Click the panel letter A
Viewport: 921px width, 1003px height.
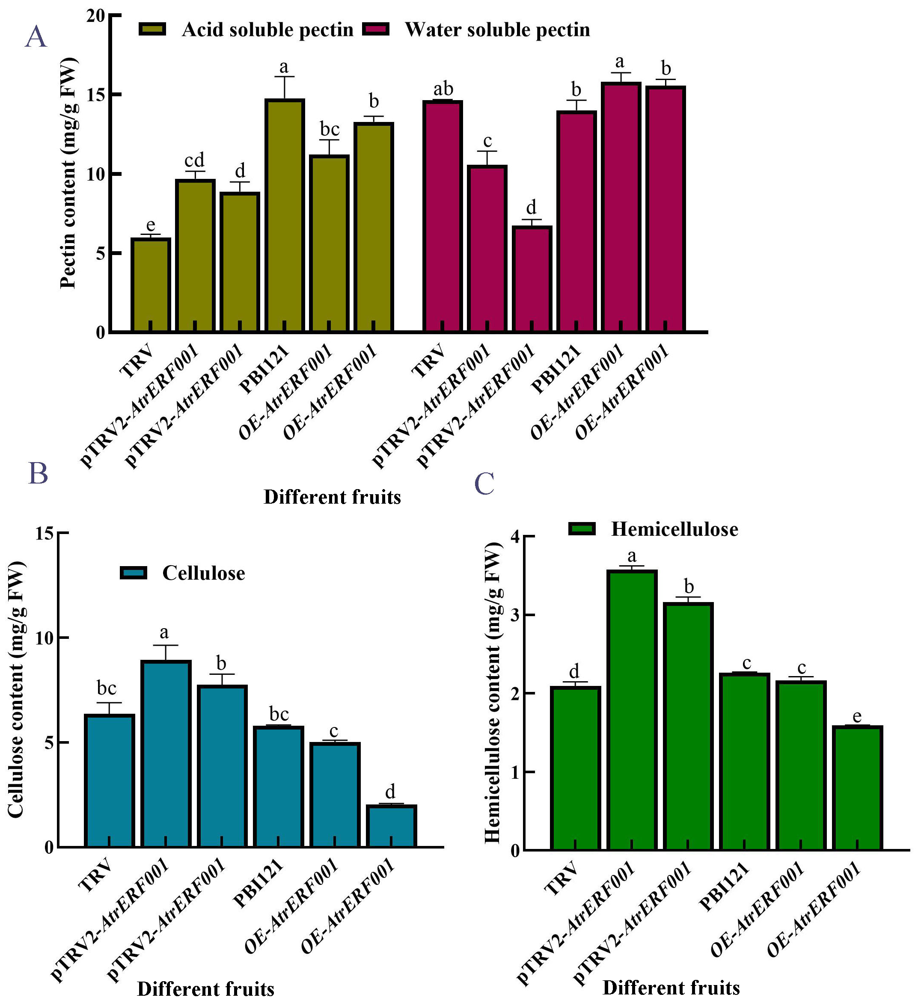tap(36, 38)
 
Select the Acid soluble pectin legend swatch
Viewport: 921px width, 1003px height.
tap(152, 30)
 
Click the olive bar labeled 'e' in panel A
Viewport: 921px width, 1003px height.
tap(151, 285)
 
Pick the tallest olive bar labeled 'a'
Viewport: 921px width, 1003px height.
tap(285, 215)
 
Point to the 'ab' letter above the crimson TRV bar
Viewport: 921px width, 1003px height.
tap(443, 89)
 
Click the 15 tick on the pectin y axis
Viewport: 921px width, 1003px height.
tap(96, 95)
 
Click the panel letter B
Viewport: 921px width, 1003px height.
tap(39, 473)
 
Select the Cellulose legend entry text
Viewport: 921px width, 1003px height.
tap(203, 573)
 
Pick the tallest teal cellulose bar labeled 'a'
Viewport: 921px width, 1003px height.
tap(166, 754)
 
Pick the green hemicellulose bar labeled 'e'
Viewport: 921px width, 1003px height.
tap(857, 788)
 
